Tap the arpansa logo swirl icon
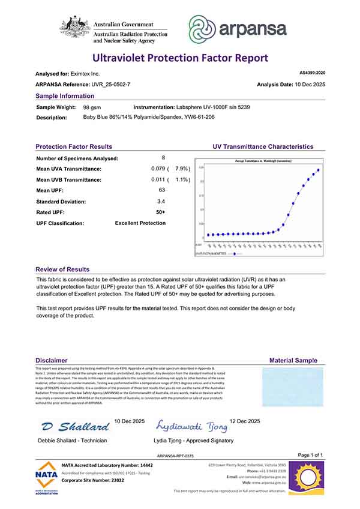tap(204, 28)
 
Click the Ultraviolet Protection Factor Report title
tap(179, 58)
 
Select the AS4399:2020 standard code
tap(312, 73)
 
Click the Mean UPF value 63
tap(161, 190)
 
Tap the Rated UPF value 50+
tap(161, 212)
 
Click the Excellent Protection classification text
tap(140, 223)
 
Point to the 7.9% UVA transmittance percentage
tap(182, 169)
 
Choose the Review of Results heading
tap(62, 270)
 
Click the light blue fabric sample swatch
tap(293, 388)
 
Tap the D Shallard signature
tap(76, 427)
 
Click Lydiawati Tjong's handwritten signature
tap(192, 427)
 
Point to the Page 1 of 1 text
tap(311, 455)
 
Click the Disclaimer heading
tap(51, 360)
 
